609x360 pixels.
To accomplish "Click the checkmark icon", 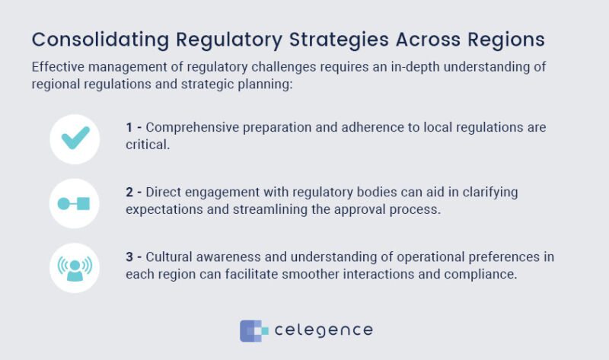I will pyautogui.click(x=75, y=139).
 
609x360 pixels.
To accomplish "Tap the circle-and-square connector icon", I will pyautogui.click(x=75, y=203).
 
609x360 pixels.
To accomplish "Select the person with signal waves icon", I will pyautogui.click(x=75, y=267).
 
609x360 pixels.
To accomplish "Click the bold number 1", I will pyautogui.click(x=130, y=127).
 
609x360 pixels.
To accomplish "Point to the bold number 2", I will pyautogui.click(x=130, y=192).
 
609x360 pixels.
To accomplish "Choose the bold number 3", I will pyautogui.click(x=130, y=256).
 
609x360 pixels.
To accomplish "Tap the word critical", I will pyautogui.click(x=148, y=145).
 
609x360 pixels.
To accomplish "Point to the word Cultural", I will pyautogui.click(x=169, y=256).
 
